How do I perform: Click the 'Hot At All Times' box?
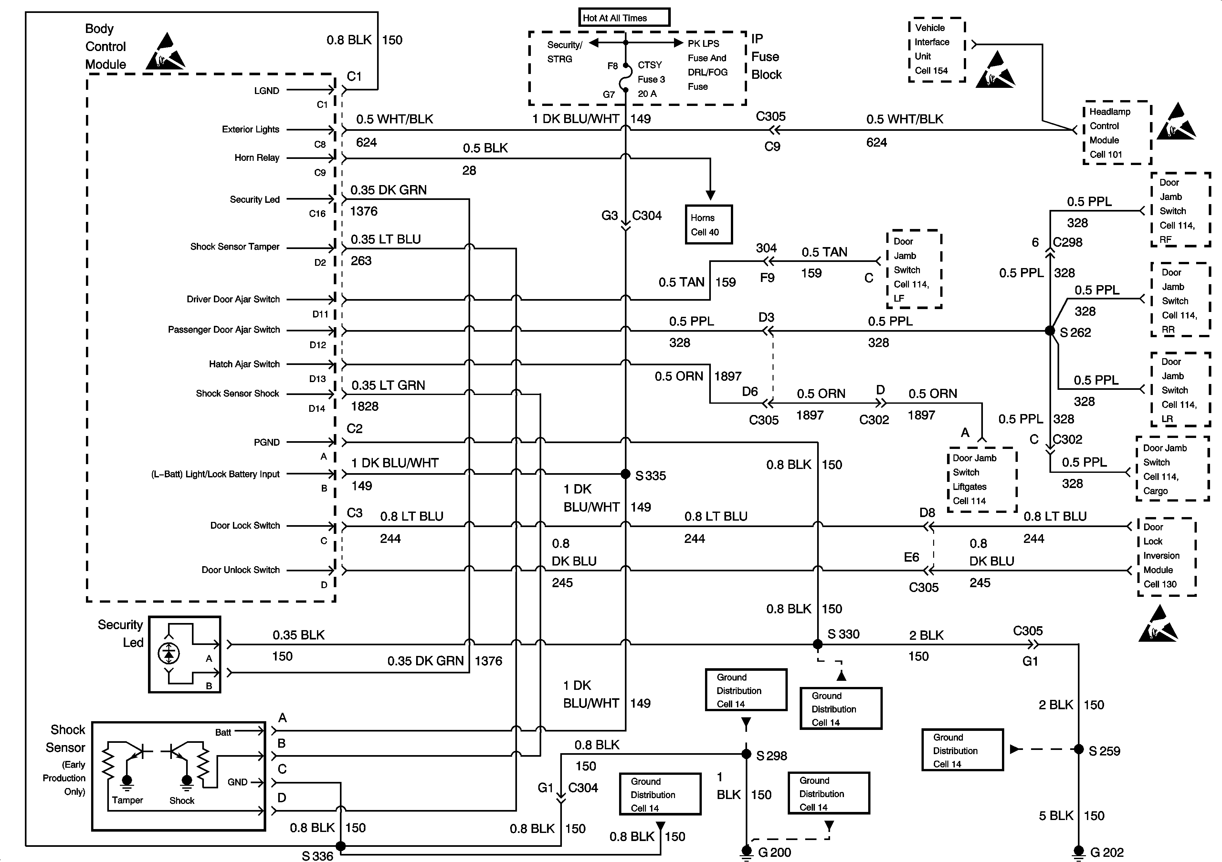(624, 17)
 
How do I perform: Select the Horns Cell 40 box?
(708, 224)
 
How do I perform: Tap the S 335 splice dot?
(626, 473)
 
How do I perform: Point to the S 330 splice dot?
(817, 644)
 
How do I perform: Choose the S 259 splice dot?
(1078, 749)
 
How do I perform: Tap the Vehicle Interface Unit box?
(937, 49)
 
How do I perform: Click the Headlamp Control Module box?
(1117, 132)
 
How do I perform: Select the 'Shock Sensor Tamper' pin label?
(235, 247)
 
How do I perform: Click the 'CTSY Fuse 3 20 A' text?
(651, 79)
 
